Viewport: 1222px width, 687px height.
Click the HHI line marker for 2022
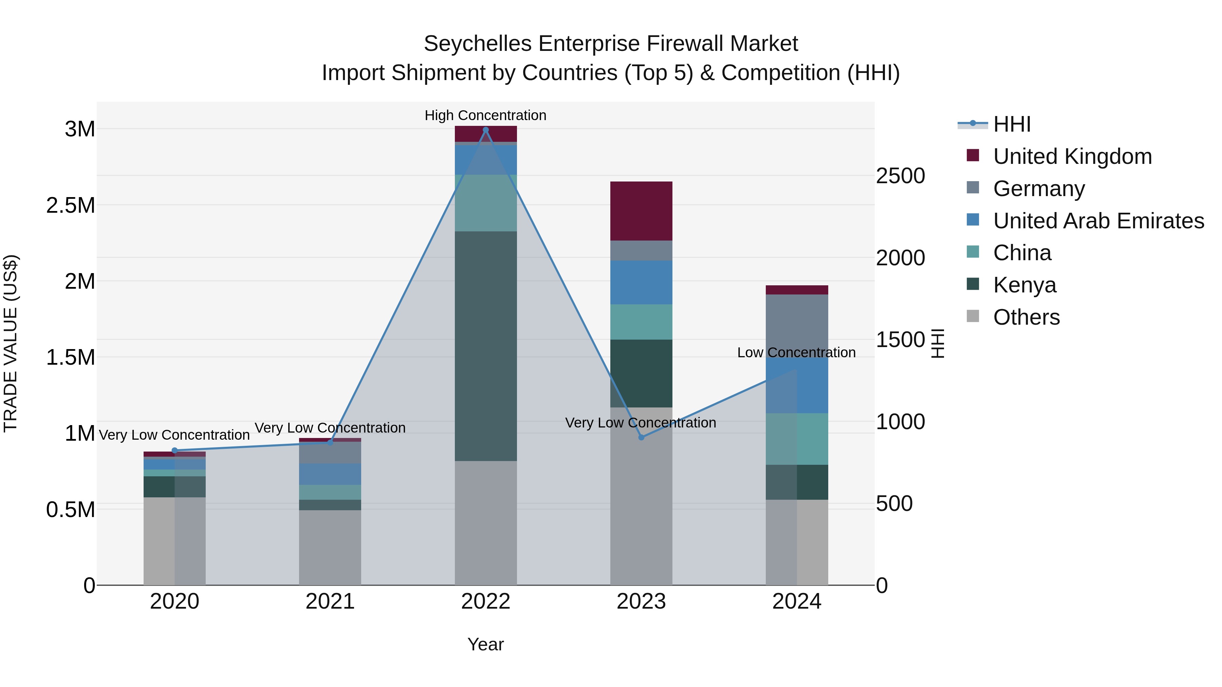tap(485, 130)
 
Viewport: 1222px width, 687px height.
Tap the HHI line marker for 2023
tap(641, 437)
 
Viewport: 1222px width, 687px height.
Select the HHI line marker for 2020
tap(174, 451)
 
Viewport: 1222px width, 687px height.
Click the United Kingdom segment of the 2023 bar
tap(641, 211)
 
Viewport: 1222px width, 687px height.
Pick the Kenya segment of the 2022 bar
tap(485, 346)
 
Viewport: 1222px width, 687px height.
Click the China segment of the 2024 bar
tap(796, 439)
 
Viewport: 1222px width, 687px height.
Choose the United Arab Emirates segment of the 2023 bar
tap(641, 282)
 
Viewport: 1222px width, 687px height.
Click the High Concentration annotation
tap(485, 116)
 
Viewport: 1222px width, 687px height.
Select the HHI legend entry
tap(1012, 124)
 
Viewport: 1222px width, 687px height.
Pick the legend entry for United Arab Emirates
tap(1098, 221)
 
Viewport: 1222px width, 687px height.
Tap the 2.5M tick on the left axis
tap(70, 205)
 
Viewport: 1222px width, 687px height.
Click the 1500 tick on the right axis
tap(900, 340)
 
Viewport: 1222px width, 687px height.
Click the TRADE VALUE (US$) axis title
tap(11, 343)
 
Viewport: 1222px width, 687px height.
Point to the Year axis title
tap(485, 644)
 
